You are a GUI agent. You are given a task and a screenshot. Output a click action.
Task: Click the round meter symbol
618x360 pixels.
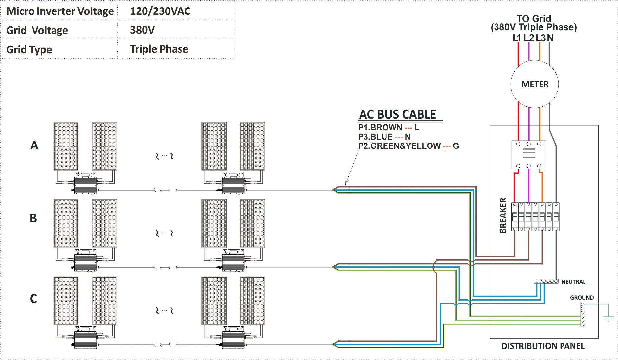(534, 84)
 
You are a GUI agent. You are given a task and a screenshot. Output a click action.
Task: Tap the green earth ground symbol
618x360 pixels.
(608, 318)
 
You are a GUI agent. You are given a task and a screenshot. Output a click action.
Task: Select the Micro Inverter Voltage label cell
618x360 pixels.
(60, 11)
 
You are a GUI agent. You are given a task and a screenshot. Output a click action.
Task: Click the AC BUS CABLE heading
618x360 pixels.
(397, 114)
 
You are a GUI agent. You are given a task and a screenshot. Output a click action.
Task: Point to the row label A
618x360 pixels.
(34, 145)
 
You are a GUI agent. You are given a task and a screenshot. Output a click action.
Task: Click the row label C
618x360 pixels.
(33, 299)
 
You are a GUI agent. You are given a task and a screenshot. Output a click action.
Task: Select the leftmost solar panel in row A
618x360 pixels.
(66, 146)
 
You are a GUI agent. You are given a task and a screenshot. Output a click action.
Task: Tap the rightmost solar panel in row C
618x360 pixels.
(252, 301)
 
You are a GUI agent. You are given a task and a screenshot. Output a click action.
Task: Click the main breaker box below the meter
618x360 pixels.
(528, 154)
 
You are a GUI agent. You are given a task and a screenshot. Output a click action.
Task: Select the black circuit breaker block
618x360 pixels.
(534, 216)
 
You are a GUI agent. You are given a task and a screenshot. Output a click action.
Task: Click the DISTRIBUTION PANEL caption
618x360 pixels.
(543, 346)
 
